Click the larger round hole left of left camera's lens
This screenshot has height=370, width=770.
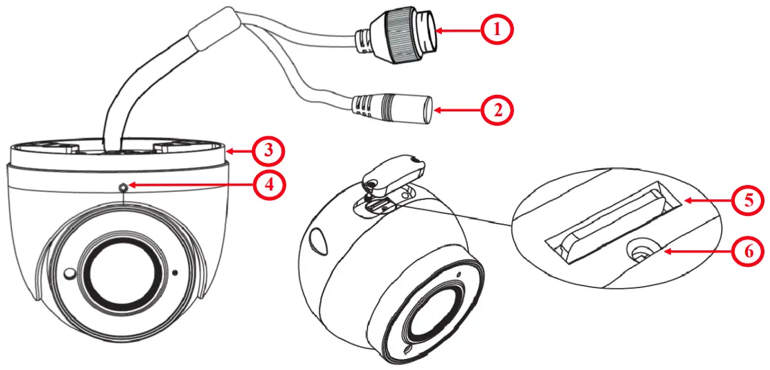(x=68, y=274)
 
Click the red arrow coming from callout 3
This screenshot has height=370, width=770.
(x=240, y=150)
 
